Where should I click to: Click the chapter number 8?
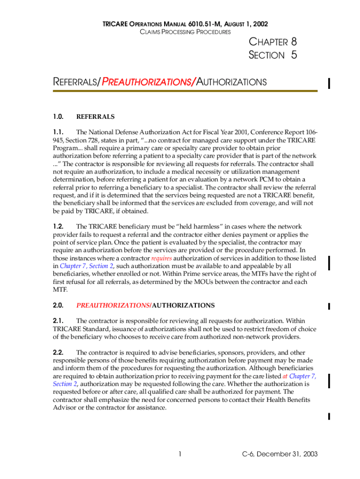[293, 42]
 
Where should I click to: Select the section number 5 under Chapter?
[293, 55]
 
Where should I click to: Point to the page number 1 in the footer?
[180, 454]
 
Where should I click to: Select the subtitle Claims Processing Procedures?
[185, 32]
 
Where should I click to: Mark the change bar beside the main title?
[330, 83]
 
